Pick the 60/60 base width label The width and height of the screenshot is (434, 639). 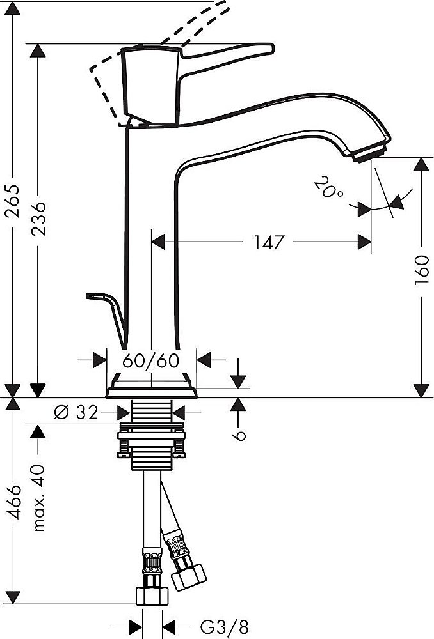pyautogui.click(x=150, y=360)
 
